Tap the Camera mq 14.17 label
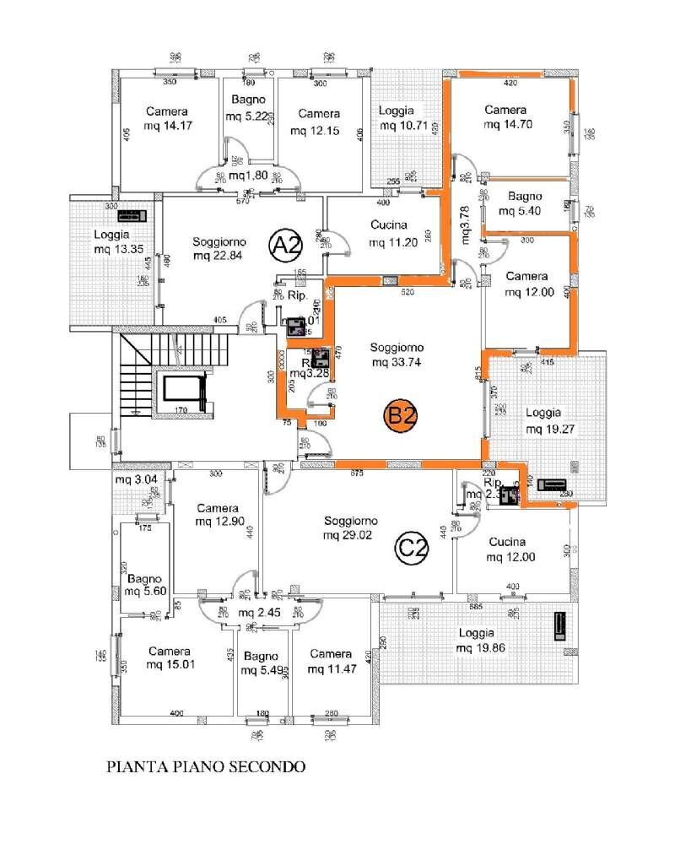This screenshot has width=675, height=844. click(166, 119)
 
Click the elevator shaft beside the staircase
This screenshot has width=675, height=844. click(183, 392)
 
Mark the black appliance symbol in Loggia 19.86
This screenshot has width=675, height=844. click(558, 627)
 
